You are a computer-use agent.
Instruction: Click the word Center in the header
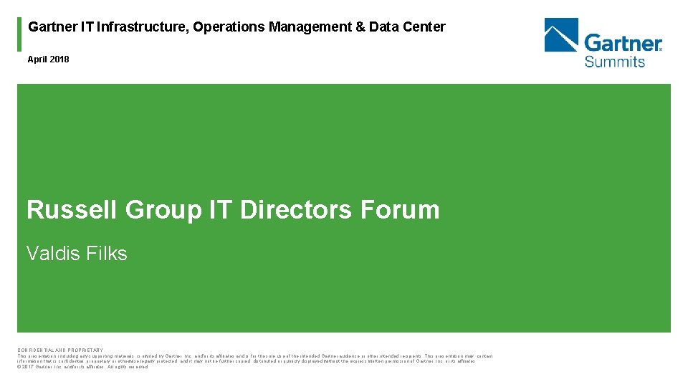[x=424, y=27]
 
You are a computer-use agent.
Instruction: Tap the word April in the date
[x=37, y=59]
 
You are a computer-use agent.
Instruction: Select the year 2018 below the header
[x=59, y=59]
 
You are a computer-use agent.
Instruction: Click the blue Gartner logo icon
[x=561, y=35]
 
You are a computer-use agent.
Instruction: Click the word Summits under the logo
[x=614, y=62]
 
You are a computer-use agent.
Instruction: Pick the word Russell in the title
[x=72, y=210]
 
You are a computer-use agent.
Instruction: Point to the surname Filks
[x=104, y=253]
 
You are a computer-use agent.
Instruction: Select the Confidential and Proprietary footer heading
[x=60, y=350]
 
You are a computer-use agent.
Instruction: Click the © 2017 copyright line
[x=82, y=366]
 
